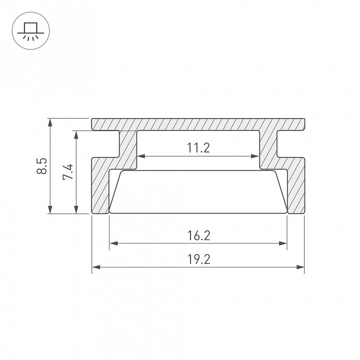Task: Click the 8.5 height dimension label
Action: click(42, 166)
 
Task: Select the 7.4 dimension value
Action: click(68, 171)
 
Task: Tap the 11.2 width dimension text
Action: click(198, 148)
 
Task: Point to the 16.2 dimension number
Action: click(199, 235)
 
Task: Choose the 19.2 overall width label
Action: click(199, 259)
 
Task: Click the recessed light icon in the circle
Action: click(31, 31)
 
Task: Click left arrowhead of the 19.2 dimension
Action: click(96, 267)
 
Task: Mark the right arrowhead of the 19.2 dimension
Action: click(300, 267)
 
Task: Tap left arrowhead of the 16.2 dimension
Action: click(113, 243)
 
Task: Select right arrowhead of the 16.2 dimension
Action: click(283, 243)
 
